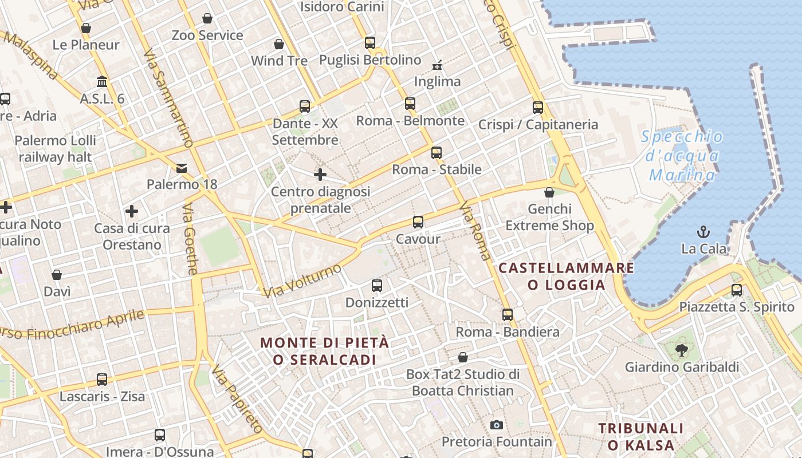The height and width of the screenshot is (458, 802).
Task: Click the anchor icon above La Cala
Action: tap(703, 232)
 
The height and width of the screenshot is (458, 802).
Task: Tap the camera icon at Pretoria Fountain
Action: tap(497, 425)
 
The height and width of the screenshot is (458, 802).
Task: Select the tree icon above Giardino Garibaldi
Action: tap(682, 350)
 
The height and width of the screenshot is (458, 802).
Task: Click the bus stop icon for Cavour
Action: tap(418, 222)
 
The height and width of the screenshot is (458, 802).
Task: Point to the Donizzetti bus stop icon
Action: tap(377, 286)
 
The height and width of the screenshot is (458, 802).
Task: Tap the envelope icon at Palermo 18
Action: tap(182, 168)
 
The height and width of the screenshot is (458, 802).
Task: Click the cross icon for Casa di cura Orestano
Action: tap(132, 212)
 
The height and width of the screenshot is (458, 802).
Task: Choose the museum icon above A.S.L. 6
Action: tap(102, 82)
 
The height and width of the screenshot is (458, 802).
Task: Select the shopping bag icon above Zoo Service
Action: tap(207, 18)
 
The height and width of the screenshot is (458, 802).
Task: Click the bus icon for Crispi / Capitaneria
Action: tap(537, 107)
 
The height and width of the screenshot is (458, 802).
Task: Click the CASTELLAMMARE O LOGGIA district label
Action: tap(567, 276)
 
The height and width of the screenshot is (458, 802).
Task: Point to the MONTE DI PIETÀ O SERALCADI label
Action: tap(325, 351)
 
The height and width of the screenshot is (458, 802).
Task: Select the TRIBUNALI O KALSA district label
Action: tap(641, 436)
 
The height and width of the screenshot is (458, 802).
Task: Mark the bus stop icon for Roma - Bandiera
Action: tap(508, 315)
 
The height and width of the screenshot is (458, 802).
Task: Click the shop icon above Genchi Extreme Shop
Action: tap(549, 192)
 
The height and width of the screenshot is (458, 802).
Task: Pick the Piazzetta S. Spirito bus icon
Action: tap(737, 290)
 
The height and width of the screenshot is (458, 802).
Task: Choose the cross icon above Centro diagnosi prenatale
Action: tap(320, 175)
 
